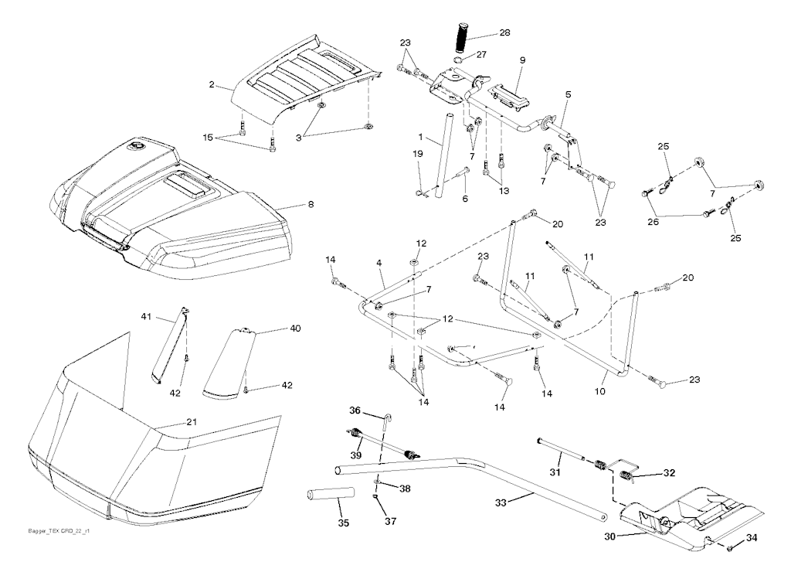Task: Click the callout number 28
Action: pyautogui.click(x=505, y=34)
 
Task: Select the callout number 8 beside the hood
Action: pyautogui.click(x=311, y=206)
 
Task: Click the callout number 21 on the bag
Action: pyautogui.click(x=192, y=422)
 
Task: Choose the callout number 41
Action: pyautogui.click(x=146, y=318)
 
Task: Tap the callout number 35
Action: pyautogui.click(x=343, y=523)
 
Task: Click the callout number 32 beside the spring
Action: pyautogui.click(x=669, y=472)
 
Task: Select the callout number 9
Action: pyautogui.click(x=522, y=60)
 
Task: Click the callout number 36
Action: pyautogui.click(x=355, y=410)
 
